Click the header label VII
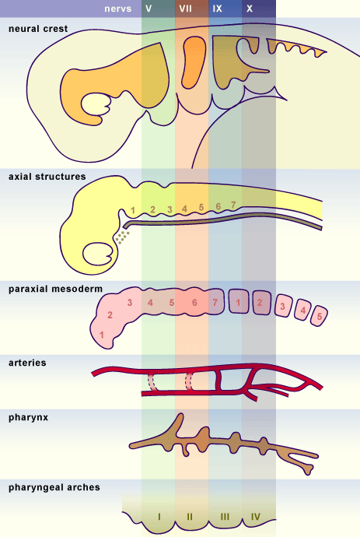click(x=186, y=9)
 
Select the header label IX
click(x=217, y=9)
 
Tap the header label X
click(x=250, y=9)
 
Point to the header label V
click(x=149, y=9)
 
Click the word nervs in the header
click(x=118, y=9)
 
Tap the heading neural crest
click(x=38, y=29)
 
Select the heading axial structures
click(x=47, y=177)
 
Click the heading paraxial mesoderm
click(x=55, y=289)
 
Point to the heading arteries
click(x=27, y=363)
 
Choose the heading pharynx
click(x=29, y=418)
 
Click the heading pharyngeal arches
click(x=54, y=487)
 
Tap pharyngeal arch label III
click(x=225, y=517)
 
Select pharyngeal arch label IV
click(x=256, y=517)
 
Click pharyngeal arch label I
click(x=159, y=517)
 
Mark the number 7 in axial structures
click(x=233, y=205)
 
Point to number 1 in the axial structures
click(x=133, y=210)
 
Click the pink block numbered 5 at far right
click(x=320, y=316)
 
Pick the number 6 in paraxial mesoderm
click(x=194, y=303)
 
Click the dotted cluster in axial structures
click(x=122, y=237)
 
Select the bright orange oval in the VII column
click(x=194, y=62)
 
